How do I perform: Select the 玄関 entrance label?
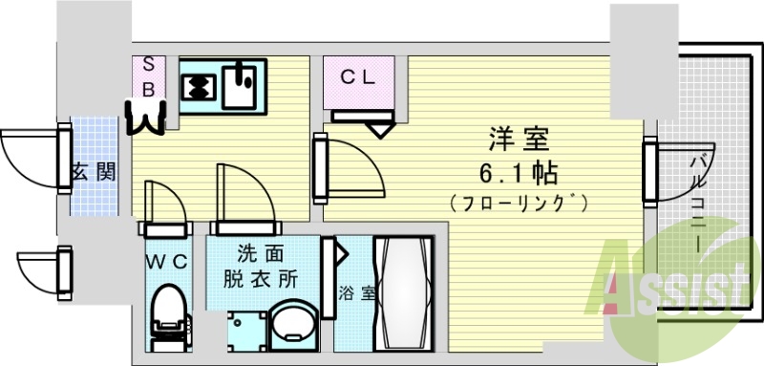94,172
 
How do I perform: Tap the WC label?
166,261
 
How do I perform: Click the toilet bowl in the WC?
168,306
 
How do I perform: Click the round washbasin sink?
290,328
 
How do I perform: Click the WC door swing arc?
163,201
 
